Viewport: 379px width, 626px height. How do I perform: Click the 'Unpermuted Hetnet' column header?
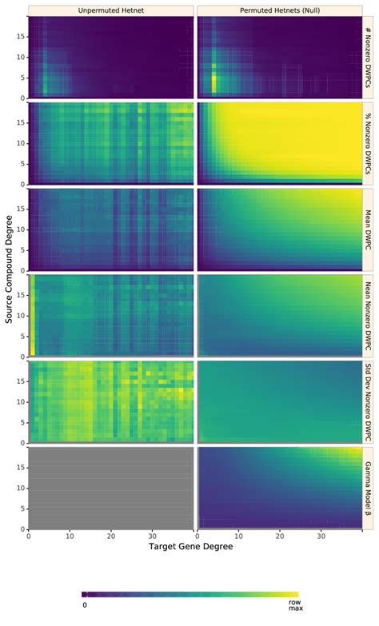tap(111, 10)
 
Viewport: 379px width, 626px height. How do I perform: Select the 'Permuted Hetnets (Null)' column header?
tap(277, 10)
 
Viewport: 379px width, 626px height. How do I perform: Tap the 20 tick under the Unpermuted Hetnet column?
tap(112, 536)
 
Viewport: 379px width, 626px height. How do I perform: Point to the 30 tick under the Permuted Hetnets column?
tap(321, 536)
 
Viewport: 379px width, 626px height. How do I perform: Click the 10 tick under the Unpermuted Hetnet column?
tap(70, 536)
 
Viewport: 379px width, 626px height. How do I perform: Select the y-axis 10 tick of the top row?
tap(19, 57)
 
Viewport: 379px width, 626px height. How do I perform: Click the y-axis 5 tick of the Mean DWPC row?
tap(19, 249)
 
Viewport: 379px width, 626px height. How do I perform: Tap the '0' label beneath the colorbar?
tap(84, 605)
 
